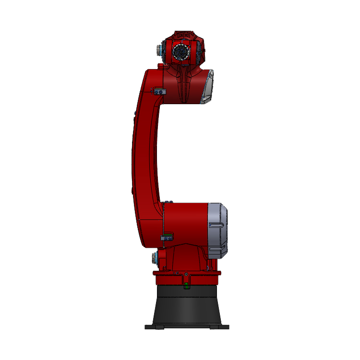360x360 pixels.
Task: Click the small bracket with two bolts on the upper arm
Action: coord(159,91)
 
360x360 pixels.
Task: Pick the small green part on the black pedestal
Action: coord(186,287)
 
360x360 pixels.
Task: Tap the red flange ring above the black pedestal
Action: coord(187,278)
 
